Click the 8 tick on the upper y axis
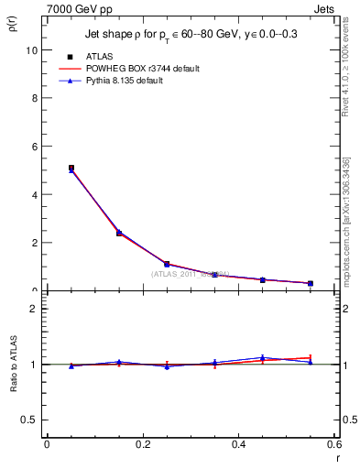(35, 98)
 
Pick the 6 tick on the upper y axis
(35, 147)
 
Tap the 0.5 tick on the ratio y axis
(31, 420)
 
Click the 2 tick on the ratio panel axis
(35, 309)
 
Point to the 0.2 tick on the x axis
(142, 445)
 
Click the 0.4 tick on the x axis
(238, 445)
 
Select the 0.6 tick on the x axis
(333, 445)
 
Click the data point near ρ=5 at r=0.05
(71, 169)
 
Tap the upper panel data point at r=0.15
(119, 233)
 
